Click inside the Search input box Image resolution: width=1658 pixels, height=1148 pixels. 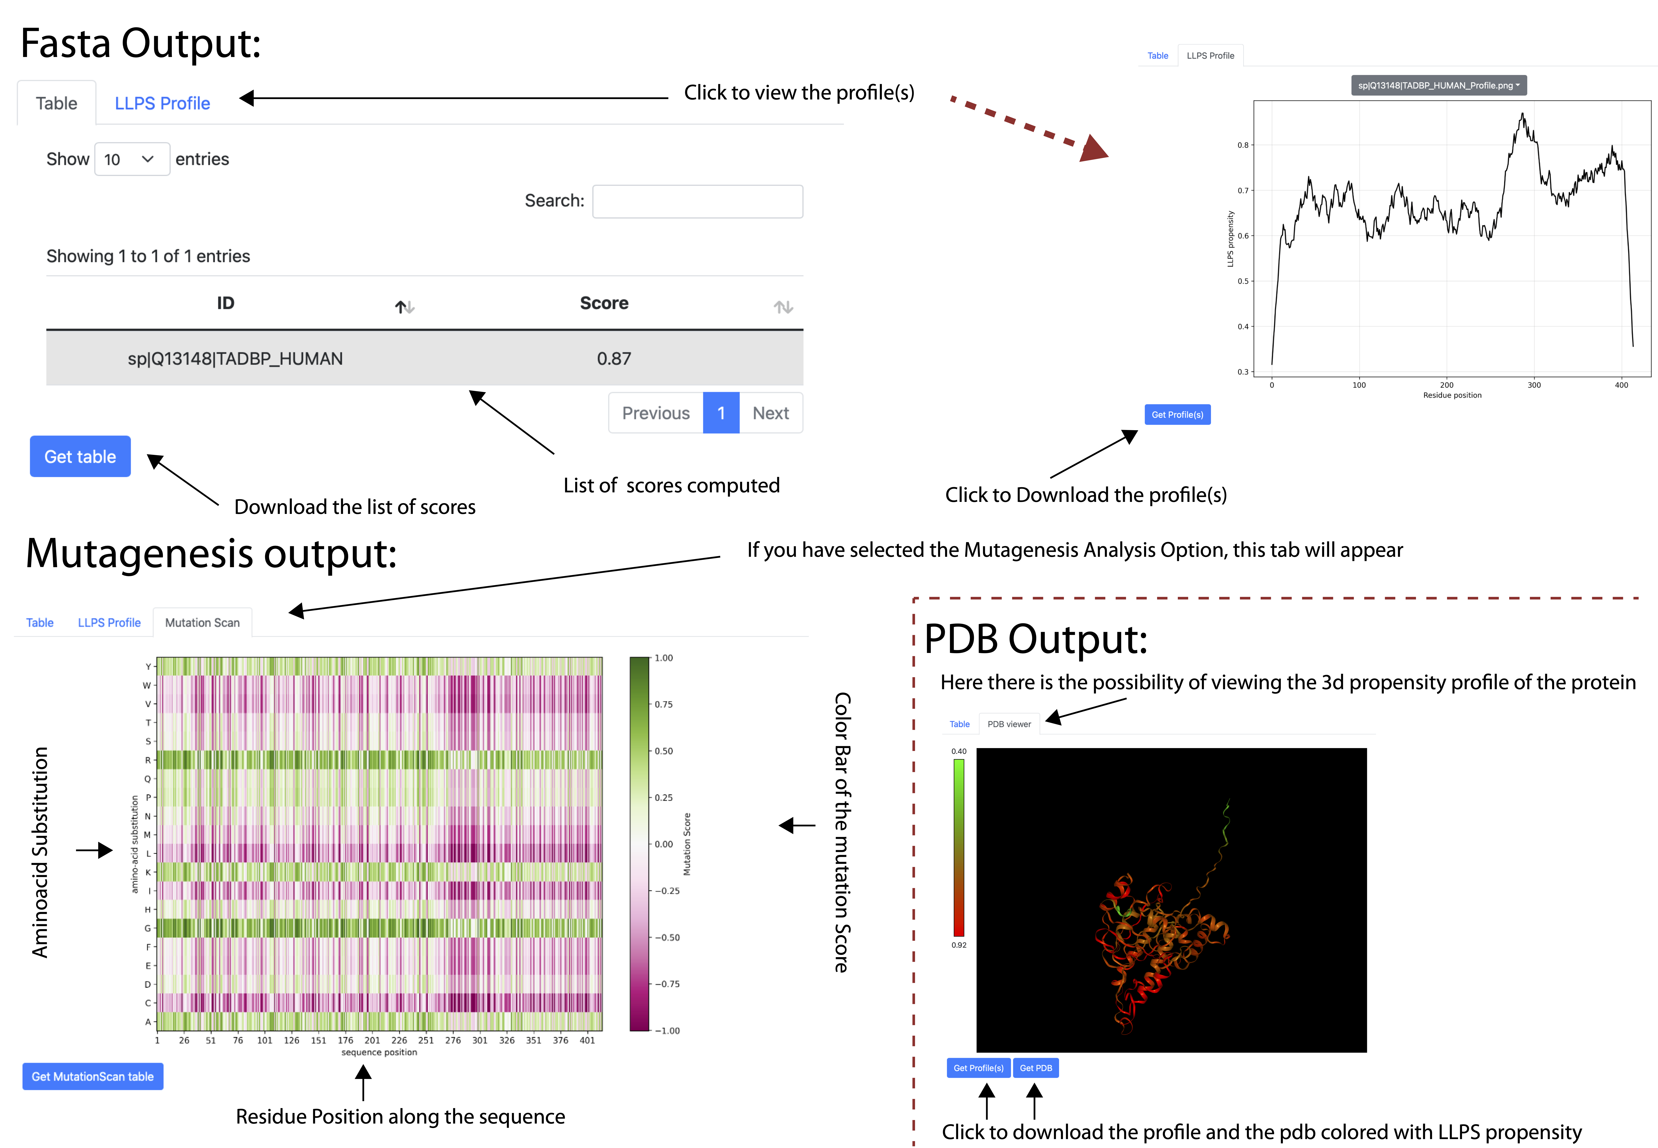point(697,201)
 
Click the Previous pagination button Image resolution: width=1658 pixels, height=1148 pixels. point(655,413)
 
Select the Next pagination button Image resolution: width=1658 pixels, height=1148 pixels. point(770,413)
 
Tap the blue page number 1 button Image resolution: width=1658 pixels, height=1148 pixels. point(721,413)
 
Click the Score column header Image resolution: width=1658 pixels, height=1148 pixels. point(604,304)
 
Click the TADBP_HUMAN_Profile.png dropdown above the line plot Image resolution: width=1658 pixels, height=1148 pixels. point(1439,86)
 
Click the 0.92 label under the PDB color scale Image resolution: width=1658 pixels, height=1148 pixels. point(959,945)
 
